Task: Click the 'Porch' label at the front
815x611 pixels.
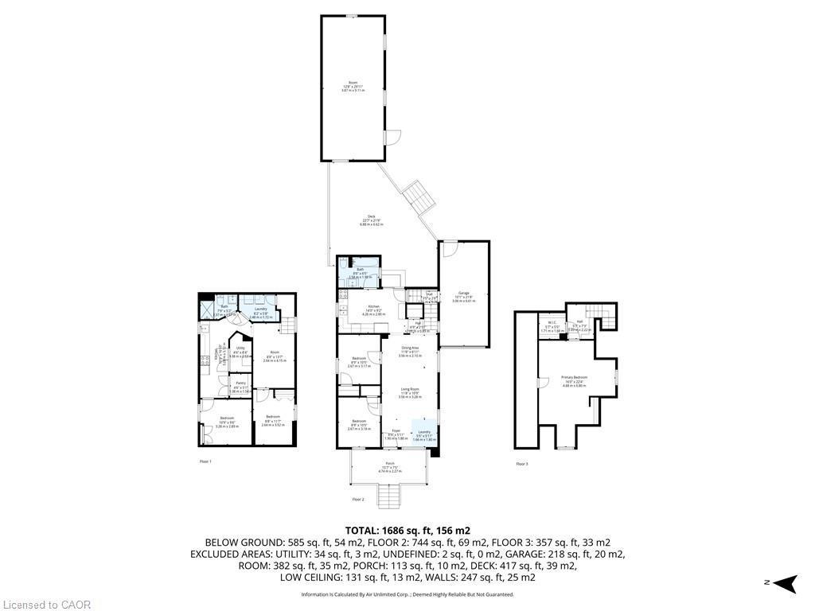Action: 390,465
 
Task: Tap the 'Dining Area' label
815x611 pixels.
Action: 410,351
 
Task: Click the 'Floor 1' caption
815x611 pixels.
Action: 205,461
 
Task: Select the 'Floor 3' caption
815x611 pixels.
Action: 522,464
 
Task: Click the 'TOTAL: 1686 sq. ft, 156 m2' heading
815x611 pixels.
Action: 407,530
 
